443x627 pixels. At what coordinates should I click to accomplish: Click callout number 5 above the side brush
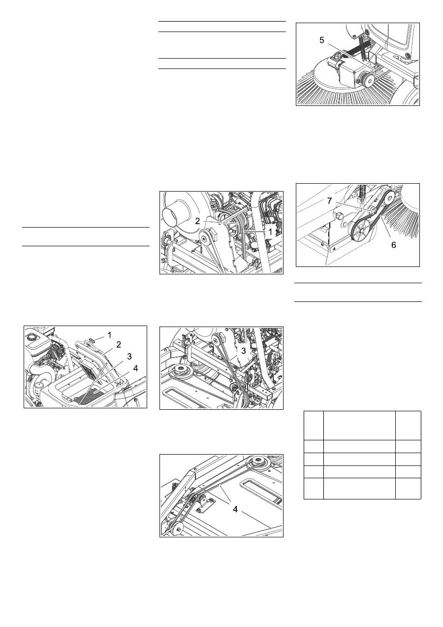click(321, 40)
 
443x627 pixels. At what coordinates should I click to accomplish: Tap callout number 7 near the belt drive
click(329, 201)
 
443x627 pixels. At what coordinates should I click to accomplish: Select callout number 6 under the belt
click(393, 245)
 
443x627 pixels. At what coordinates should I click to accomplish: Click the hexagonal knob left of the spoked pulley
click(338, 215)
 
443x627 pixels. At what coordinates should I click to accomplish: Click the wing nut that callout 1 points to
click(91, 340)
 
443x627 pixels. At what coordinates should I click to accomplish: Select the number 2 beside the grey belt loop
click(197, 221)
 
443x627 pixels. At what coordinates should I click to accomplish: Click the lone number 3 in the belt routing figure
click(243, 351)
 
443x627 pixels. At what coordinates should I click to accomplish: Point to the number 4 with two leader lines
click(235, 509)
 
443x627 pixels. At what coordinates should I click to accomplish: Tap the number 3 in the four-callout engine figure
click(129, 356)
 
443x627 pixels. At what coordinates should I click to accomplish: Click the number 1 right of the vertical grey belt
click(270, 231)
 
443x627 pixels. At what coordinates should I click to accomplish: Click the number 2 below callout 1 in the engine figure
click(119, 345)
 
